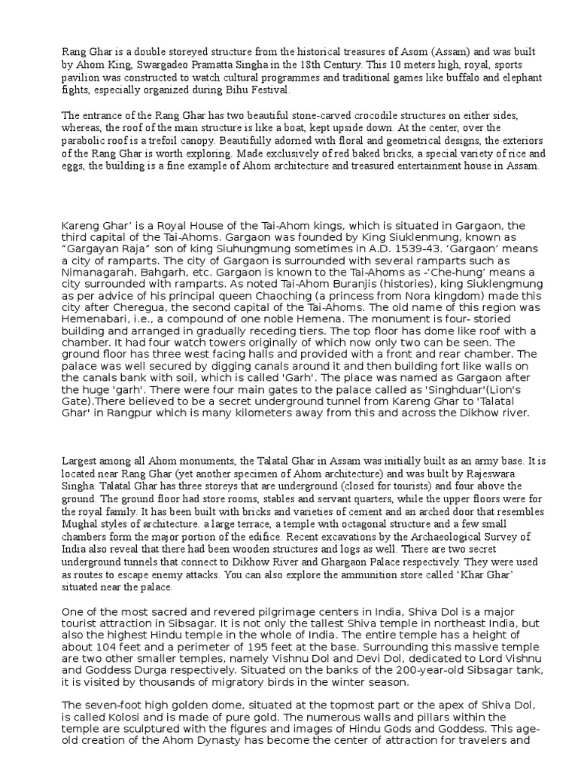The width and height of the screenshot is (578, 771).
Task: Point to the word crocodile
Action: point(354,115)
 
